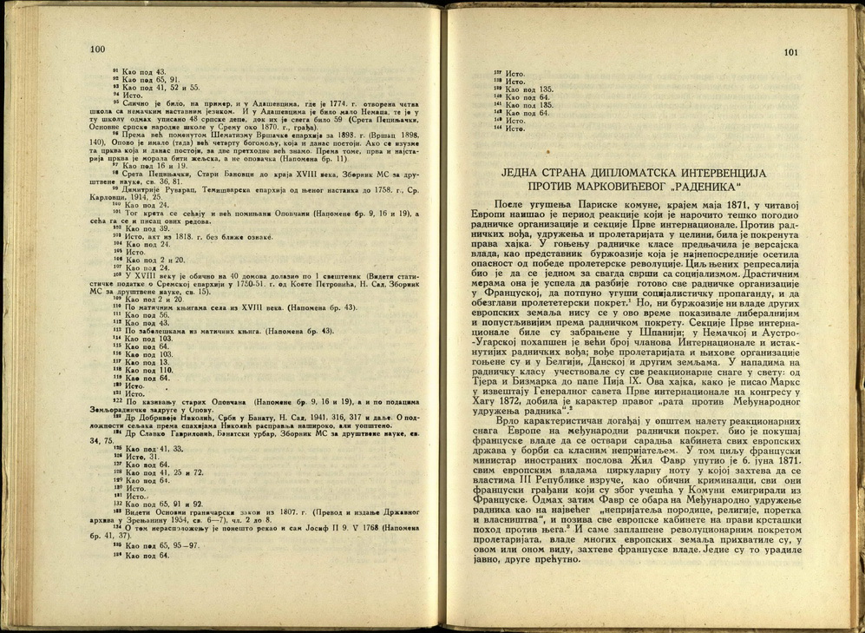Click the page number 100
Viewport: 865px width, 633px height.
click(x=97, y=50)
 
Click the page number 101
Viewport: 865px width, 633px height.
click(x=790, y=52)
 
